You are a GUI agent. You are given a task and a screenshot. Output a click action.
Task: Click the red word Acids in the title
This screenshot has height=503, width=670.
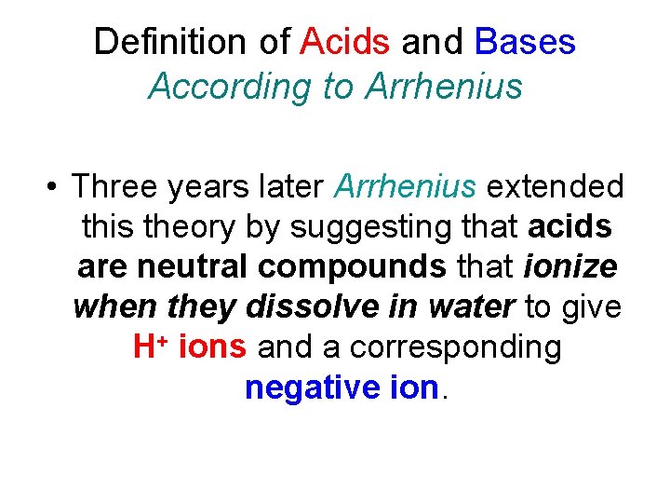(346, 42)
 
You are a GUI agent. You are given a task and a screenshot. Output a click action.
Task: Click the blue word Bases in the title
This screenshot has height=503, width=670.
(525, 42)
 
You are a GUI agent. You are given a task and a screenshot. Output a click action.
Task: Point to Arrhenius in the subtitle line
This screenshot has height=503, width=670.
(445, 87)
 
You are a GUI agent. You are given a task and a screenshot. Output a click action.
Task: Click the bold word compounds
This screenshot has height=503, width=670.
(352, 266)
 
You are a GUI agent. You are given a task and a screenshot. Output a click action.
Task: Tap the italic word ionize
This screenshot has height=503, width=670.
(569, 266)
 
